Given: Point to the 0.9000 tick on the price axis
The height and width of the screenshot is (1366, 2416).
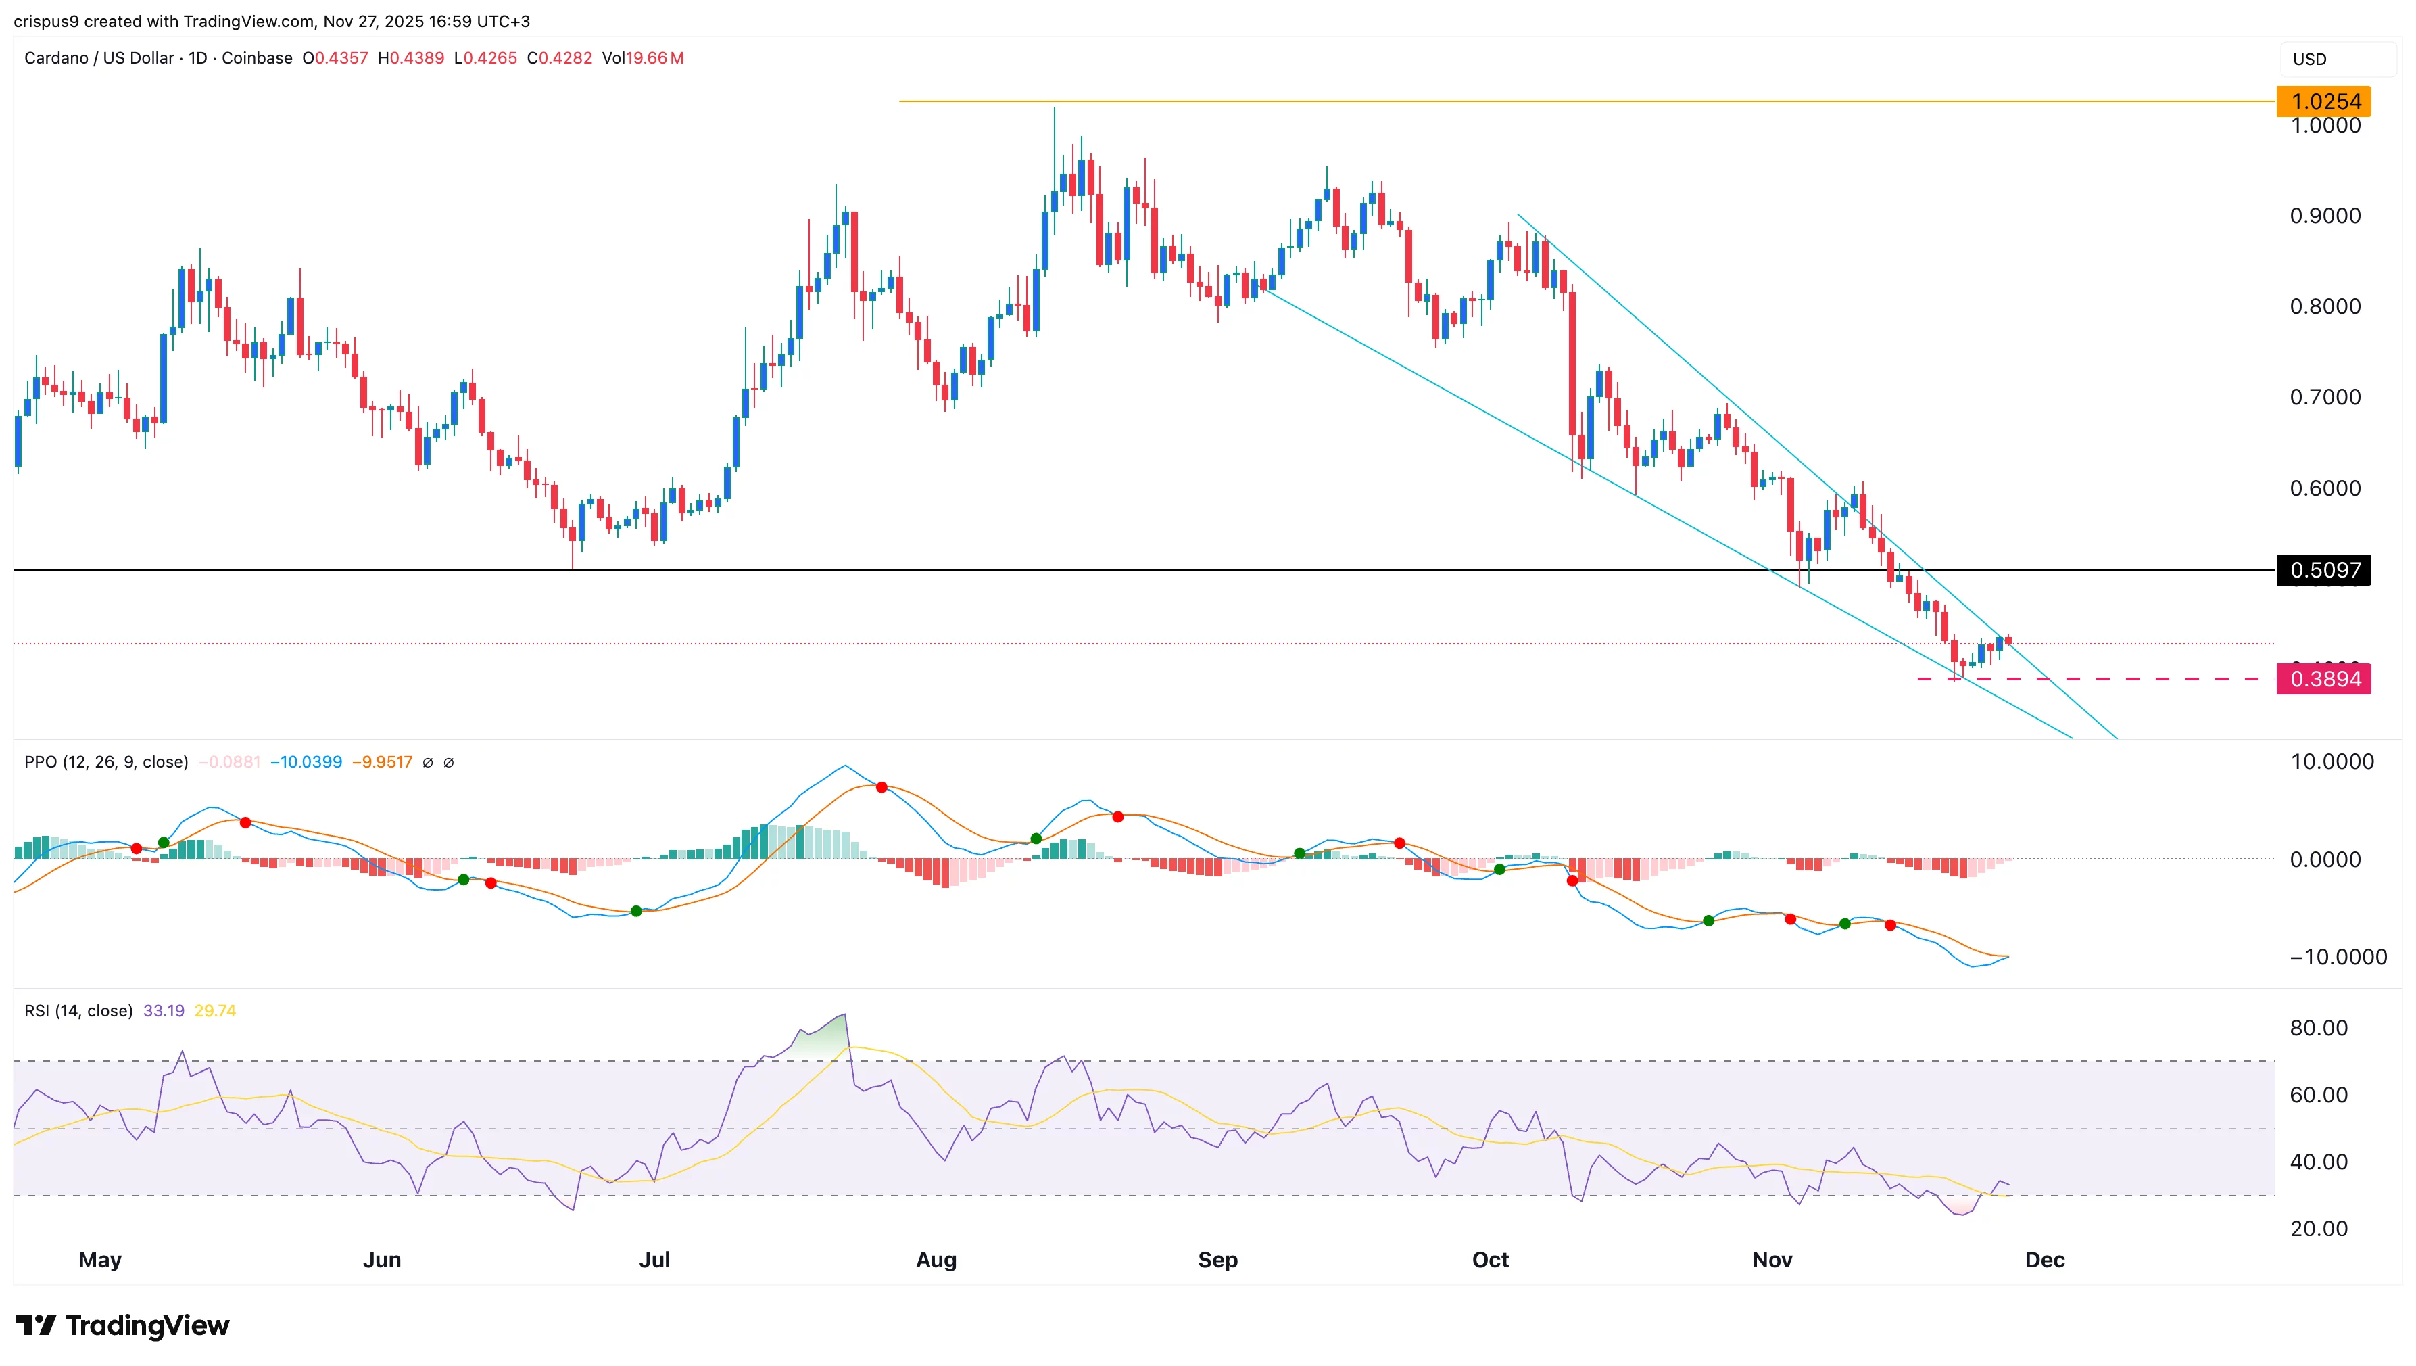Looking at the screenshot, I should [2324, 216].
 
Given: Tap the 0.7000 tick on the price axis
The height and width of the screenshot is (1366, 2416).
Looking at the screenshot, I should [2324, 397].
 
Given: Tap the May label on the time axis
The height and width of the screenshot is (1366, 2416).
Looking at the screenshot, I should [99, 1259].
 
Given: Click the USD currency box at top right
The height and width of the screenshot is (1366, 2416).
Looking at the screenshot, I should [2309, 59].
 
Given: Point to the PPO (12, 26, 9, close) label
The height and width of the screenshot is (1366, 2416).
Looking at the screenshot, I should [106, 762].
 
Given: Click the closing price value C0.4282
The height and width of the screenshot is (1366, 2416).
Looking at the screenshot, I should [560, 58].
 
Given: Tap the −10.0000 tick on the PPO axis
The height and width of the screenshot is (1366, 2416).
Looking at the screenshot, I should [2337, 957].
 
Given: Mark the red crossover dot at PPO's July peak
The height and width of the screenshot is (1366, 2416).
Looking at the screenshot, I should [881, 787].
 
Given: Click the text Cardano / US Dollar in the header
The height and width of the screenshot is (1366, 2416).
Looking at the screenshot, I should [99, 58].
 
